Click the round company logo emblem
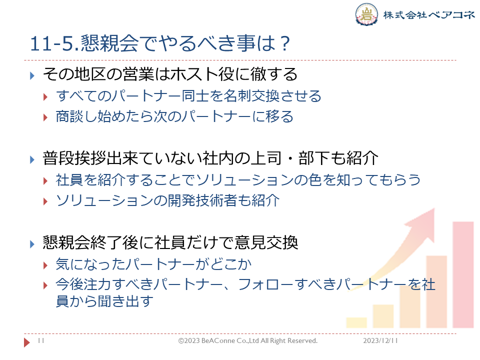[366, 14]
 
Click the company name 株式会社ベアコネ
[429, 14]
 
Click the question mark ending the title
[285, 43]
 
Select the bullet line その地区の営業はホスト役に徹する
[170, 74]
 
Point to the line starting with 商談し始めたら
[174, 116]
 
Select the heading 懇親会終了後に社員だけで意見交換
[170, 242]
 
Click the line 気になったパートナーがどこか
[153, 264]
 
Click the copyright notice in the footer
[248, 340]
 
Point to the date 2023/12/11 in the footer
[380, 340]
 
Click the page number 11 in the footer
[41, 340]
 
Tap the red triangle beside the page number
[27, 342]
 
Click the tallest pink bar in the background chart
[463, 275]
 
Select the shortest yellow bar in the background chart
[356, 322]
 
